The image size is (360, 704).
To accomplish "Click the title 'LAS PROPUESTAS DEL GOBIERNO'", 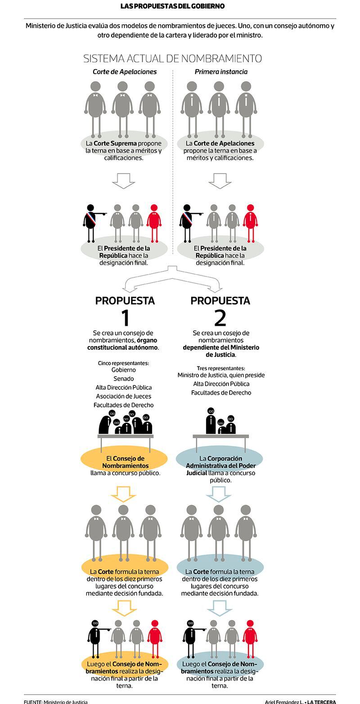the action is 172,6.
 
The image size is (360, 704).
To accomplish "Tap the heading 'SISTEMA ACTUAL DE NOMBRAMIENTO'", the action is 172,59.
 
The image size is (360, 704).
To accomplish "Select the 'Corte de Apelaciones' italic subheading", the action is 125,72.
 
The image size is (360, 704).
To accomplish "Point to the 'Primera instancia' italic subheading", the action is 221,72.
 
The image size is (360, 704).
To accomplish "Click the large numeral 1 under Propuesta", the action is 126,318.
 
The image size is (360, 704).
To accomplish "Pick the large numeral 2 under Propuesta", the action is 220,318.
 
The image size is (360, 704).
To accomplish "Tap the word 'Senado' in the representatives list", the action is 123,379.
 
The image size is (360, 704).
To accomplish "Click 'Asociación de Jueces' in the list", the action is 123,396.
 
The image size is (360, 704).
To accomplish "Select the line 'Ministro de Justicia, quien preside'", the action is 221,375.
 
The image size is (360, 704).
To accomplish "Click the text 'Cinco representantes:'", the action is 123,363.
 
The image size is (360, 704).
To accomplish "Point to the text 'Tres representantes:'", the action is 221,368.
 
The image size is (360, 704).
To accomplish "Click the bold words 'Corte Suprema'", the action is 115,143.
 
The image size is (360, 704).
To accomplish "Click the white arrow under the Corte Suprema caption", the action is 123,181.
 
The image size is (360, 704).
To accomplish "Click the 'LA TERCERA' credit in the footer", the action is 321,702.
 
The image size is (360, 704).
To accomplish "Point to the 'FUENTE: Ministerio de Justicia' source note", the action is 56,702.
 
